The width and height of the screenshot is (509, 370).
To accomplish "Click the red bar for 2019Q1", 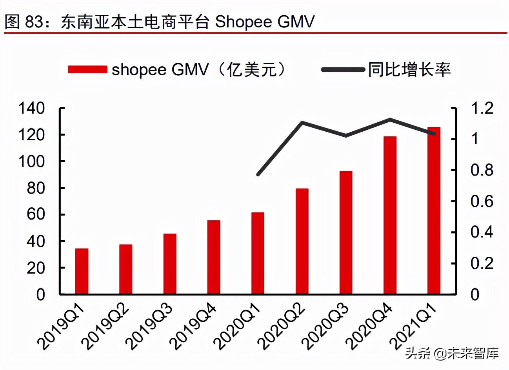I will click(82, 271).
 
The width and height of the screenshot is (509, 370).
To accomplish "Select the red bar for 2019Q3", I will click(170, 264).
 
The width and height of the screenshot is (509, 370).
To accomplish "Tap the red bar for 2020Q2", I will click(302, 241).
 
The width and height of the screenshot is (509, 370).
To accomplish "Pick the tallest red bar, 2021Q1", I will click(434, 210).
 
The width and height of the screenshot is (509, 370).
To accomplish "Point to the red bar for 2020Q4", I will click(390, 215).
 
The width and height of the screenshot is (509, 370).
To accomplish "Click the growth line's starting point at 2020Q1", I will click(258, 174).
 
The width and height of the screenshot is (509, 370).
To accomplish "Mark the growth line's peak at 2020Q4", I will click(390, 119).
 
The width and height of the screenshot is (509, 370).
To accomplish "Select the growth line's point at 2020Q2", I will click(302, 123).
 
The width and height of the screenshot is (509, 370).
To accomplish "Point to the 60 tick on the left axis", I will click(36, 214).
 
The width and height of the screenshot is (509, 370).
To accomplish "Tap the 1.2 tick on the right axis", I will click(482, 108).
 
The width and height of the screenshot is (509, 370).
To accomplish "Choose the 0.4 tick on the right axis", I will click(482, 232).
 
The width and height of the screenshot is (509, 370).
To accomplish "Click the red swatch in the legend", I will click(87, 70).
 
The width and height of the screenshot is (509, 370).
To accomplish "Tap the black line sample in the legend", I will click(343, 70).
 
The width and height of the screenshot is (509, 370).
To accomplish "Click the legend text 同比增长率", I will click(409, 70).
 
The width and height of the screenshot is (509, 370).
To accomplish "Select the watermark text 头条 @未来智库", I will click(452, 353).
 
